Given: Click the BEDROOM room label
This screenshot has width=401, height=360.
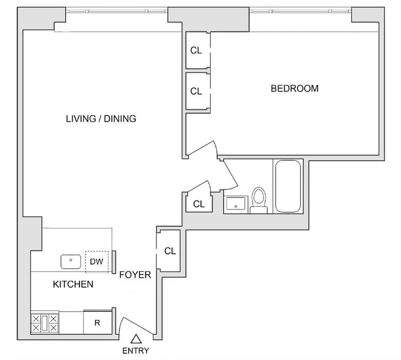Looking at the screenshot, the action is (x=295, y=89).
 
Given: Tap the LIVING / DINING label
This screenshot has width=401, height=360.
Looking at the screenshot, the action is (x=101, y=119).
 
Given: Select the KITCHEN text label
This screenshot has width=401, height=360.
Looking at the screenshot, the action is (x=73, y=284).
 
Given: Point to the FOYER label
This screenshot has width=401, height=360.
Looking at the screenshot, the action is (x=135, y=275).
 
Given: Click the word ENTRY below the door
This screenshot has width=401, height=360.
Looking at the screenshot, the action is (x=135, y=350).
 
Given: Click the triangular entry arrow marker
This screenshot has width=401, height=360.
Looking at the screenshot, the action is (x=136, y=339).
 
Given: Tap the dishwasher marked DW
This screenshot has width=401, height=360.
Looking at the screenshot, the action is (x=97, y=262).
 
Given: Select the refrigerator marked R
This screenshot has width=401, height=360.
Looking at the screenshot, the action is (x=98, y=322).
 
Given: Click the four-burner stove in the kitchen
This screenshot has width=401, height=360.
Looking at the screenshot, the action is (x=45, y=323).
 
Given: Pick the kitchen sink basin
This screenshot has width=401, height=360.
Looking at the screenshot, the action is (x=71, y=262).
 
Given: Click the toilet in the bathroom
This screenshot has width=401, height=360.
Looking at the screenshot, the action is (x=259, y=201).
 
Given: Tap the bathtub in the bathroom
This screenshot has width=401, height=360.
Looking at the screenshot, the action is (x=288, y=187).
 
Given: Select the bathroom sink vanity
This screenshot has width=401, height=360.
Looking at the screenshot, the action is (x=236, y=205).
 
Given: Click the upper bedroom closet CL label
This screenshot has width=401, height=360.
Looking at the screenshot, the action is (x=196, y=51).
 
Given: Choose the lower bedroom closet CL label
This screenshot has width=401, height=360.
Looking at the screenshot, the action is (x=196, y=91).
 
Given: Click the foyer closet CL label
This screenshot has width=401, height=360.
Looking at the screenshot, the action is (x=170, y=251).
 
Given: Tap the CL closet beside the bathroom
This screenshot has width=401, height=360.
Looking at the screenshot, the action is (x=199, y=204).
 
